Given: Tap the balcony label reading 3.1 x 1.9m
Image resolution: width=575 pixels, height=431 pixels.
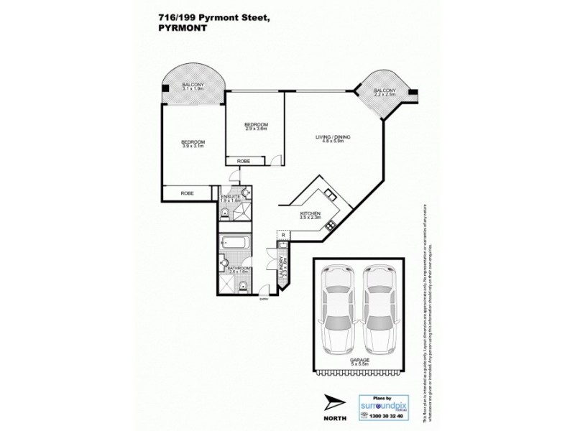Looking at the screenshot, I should (x=193, y=88).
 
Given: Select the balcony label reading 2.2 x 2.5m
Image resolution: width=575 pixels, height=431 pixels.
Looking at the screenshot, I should (x=385, y=93).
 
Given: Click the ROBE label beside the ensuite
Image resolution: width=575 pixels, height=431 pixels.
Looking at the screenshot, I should (x=187, y=194).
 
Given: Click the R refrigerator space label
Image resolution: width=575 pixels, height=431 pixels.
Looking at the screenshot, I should (x=283, y=234).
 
